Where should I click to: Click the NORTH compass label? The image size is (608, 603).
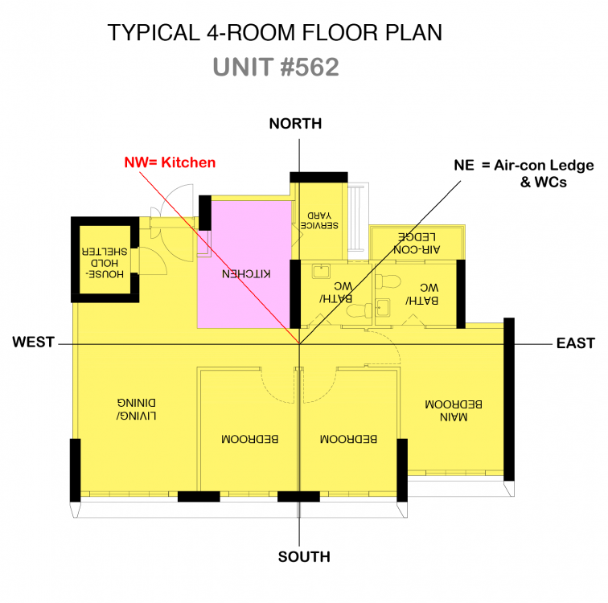[x=295, y=124]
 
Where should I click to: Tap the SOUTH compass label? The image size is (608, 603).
[x=303, y=556]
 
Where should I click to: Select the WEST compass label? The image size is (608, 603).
[x=33, y=343]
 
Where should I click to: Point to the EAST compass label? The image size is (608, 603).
[x=575, y=343]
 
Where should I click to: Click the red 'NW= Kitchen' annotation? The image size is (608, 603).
[x=170, y=162]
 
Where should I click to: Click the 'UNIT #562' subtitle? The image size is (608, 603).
[x=276, y=67]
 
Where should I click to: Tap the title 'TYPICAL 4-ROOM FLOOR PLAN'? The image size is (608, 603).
[x=275, y=33]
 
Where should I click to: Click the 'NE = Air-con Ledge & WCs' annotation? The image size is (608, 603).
[x=524, y=174]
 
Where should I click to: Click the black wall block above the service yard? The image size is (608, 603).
[x=318, y=177]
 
